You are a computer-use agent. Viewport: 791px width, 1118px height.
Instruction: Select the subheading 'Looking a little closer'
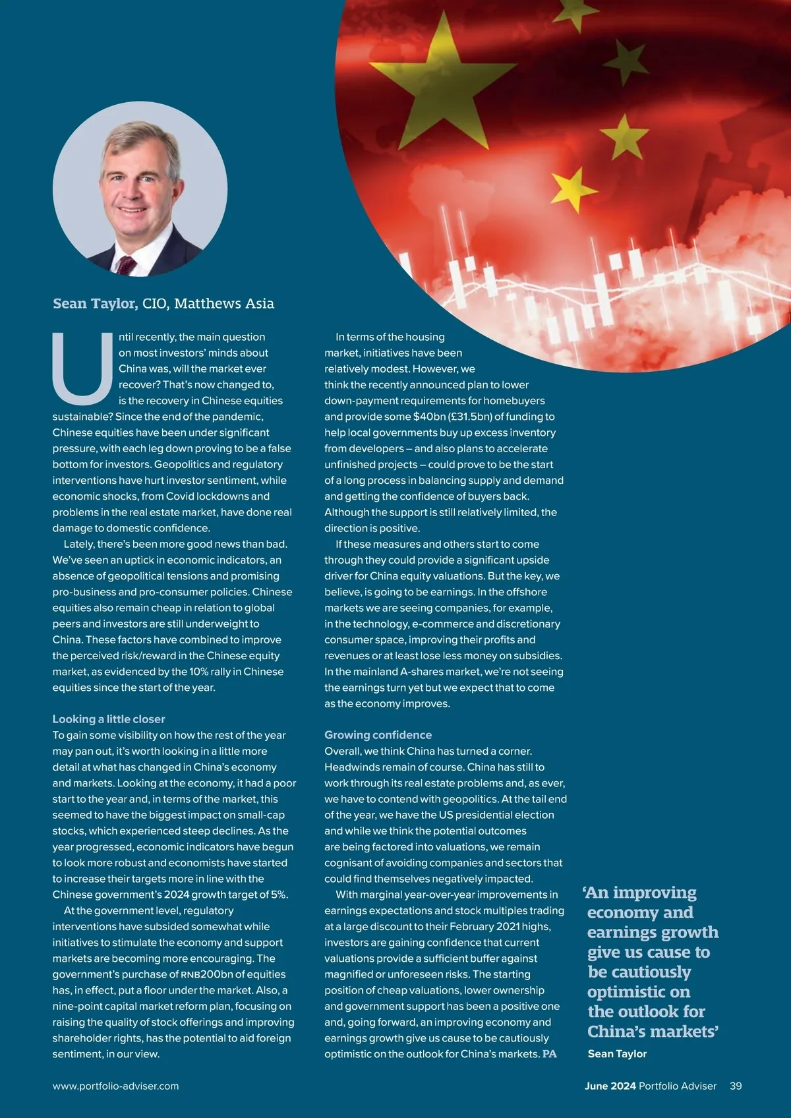pyautogui.click(x=109, y=719)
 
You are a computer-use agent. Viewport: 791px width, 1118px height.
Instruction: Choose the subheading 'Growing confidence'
pyautogui.click(x=378, y=735)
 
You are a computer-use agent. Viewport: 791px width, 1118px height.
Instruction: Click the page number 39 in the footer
pyautogui.click(x=736, y=1086)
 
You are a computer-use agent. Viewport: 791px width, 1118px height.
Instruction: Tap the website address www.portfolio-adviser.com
pyautogui.click(x=115, y=1086)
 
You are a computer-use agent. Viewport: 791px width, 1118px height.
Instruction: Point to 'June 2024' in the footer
pyautogui.click(x=610, y=1086)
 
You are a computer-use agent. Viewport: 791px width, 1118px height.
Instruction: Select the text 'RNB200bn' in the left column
pyautogui.click(x=206, y=974)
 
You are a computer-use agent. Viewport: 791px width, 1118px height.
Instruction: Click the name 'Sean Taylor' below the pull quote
pyautogui.click(x=617, y=1053)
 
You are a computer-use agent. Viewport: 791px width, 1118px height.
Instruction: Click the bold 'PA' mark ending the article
pyautogui.click(x=550, y=1054)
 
